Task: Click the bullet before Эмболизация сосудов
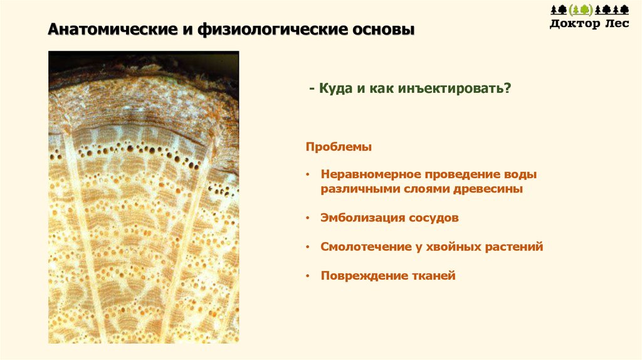[308, 218]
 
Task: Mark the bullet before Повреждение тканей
[308, 275]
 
